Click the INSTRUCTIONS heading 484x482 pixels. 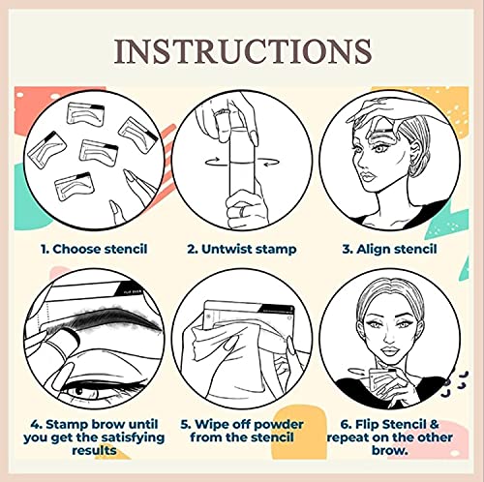click(x=241, y=49)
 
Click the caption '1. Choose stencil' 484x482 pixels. click(x=94, y=249)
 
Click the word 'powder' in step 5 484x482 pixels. click(x=268, y=425)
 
